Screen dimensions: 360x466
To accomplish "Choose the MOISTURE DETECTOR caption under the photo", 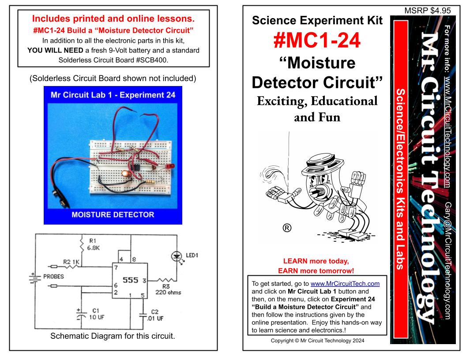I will pos(113,215).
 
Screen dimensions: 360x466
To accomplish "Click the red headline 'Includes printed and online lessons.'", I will pos(113,20).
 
